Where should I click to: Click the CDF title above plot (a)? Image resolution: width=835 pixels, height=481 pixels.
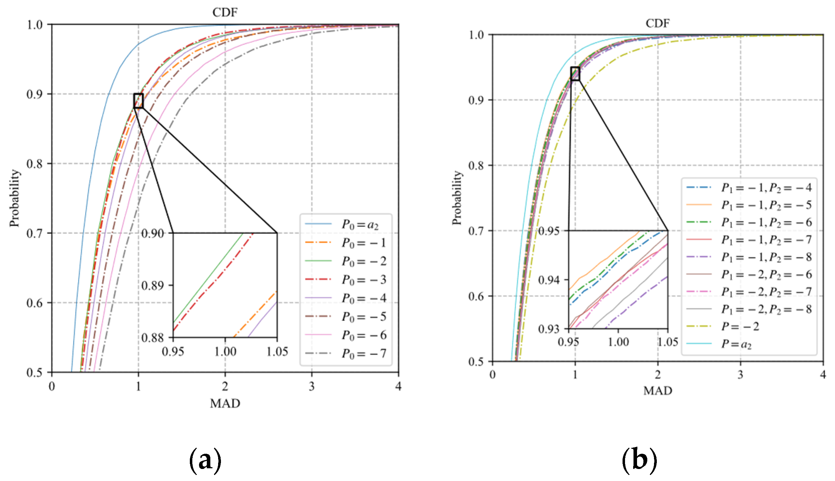point(225,12)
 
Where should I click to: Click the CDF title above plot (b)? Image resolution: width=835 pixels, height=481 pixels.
point(657,23)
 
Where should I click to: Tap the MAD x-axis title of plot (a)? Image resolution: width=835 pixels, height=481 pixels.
point(225,404)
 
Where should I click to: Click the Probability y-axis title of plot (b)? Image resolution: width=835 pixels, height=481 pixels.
point(457,198)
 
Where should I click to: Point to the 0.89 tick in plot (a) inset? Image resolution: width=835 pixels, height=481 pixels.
point(153,285)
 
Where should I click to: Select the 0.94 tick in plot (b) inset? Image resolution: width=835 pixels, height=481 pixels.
point(549,280)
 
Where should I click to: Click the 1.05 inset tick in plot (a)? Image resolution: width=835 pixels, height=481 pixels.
point(277,352)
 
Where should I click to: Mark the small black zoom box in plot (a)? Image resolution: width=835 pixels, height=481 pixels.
point(138,101)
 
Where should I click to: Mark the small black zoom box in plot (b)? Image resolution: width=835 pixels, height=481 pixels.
point(575,74)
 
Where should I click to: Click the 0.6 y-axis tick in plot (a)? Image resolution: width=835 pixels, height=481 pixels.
point(34,303)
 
